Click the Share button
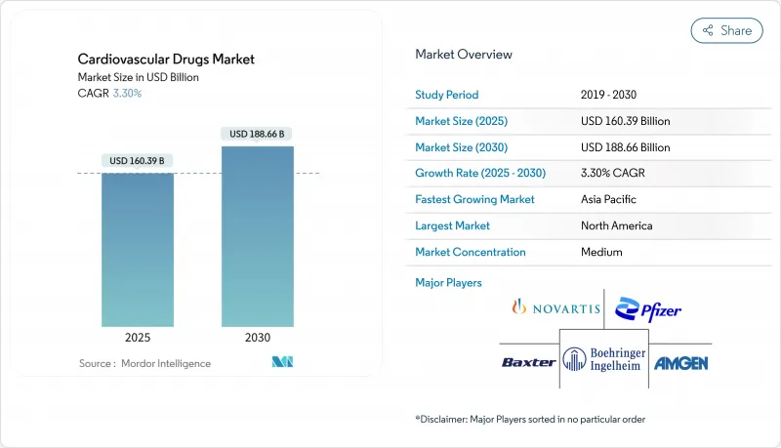(x=726, y=30)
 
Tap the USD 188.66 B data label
(x=258, y=133)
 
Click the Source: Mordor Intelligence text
(x=144, y=364)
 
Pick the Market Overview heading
(x=464, y=55)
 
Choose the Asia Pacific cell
(x=607, y=199)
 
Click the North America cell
(x=616, y=225)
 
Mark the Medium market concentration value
(x=601, y=252)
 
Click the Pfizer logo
(x=649, y=309)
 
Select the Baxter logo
(x=528, y=362)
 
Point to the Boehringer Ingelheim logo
(x=603, y=361)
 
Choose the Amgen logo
(x=680, y=362)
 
